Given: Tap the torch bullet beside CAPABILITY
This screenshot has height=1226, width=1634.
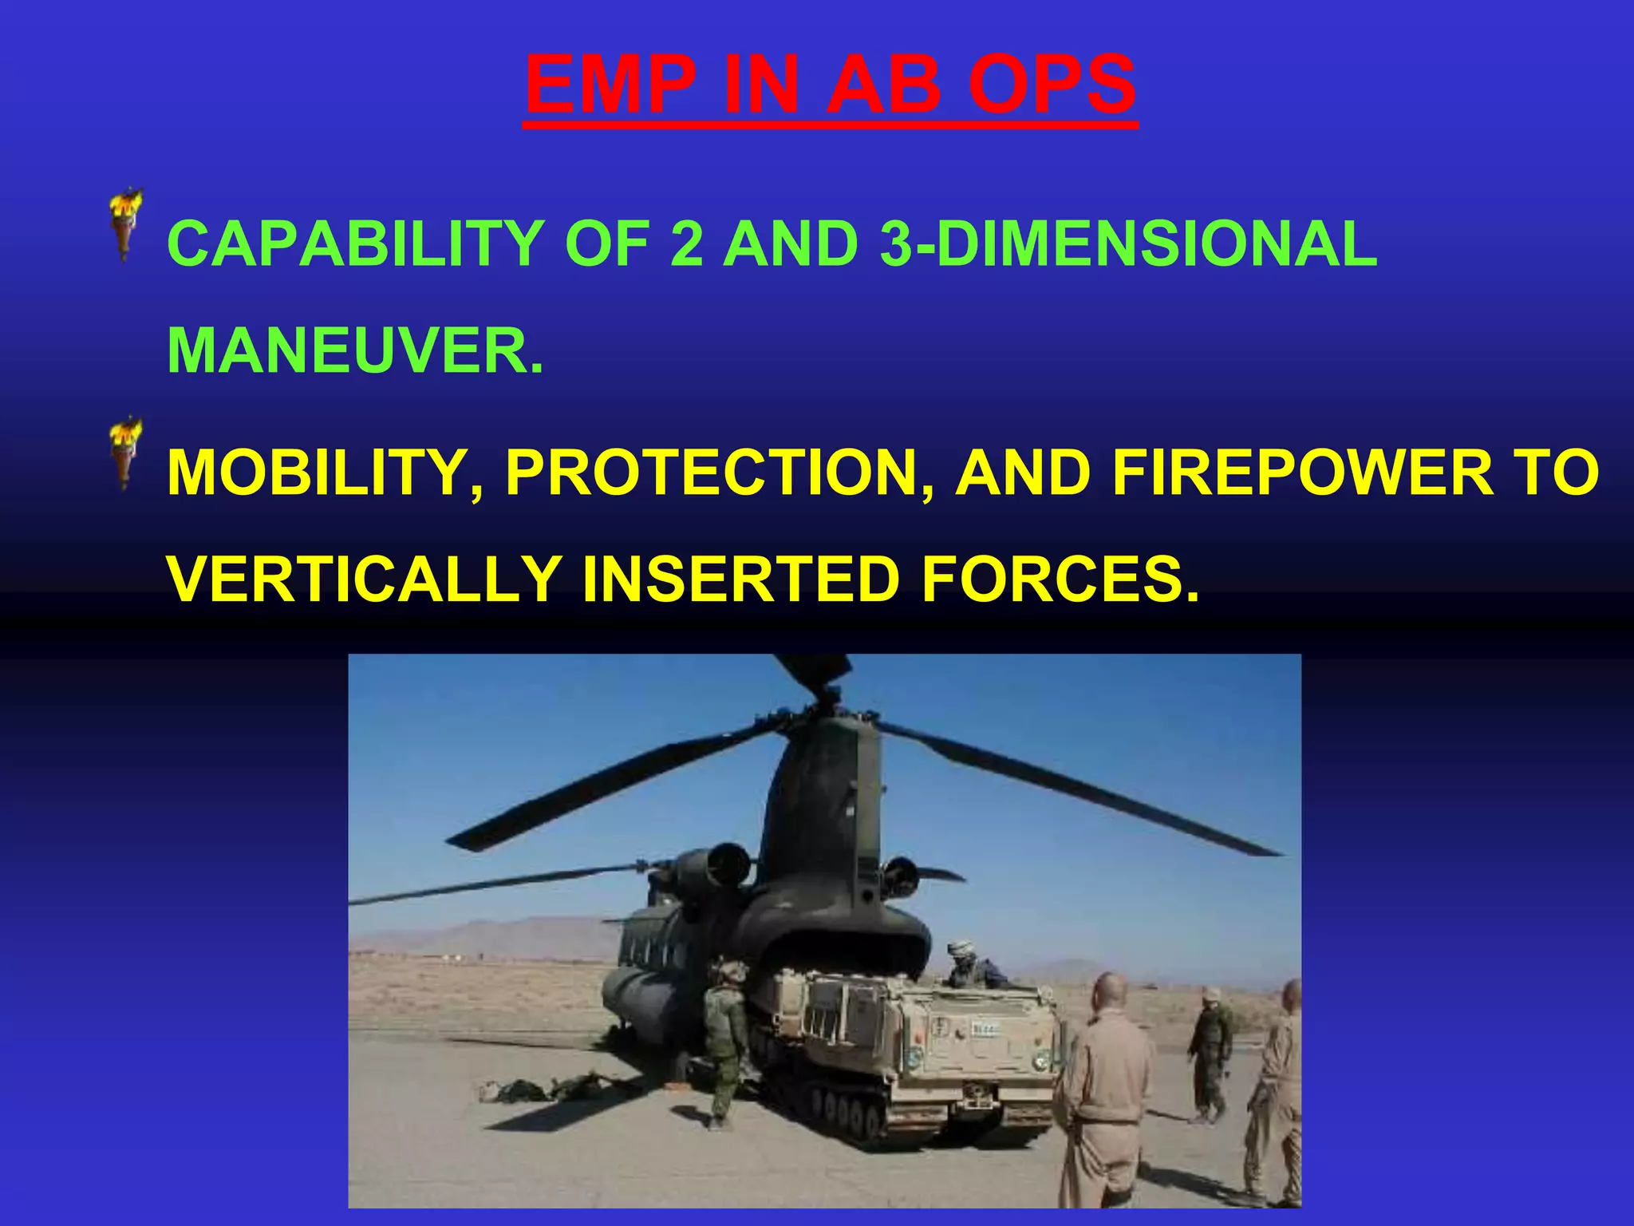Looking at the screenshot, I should click(125, 224).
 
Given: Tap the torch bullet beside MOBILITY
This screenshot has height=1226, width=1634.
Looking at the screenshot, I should click(125, 453).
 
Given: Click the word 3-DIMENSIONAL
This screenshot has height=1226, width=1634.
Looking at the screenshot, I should click(1128, 243).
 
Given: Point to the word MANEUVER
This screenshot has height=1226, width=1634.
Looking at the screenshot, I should click(356, 350).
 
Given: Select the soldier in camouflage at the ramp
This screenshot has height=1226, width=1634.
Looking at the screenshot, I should click(724, 1038).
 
